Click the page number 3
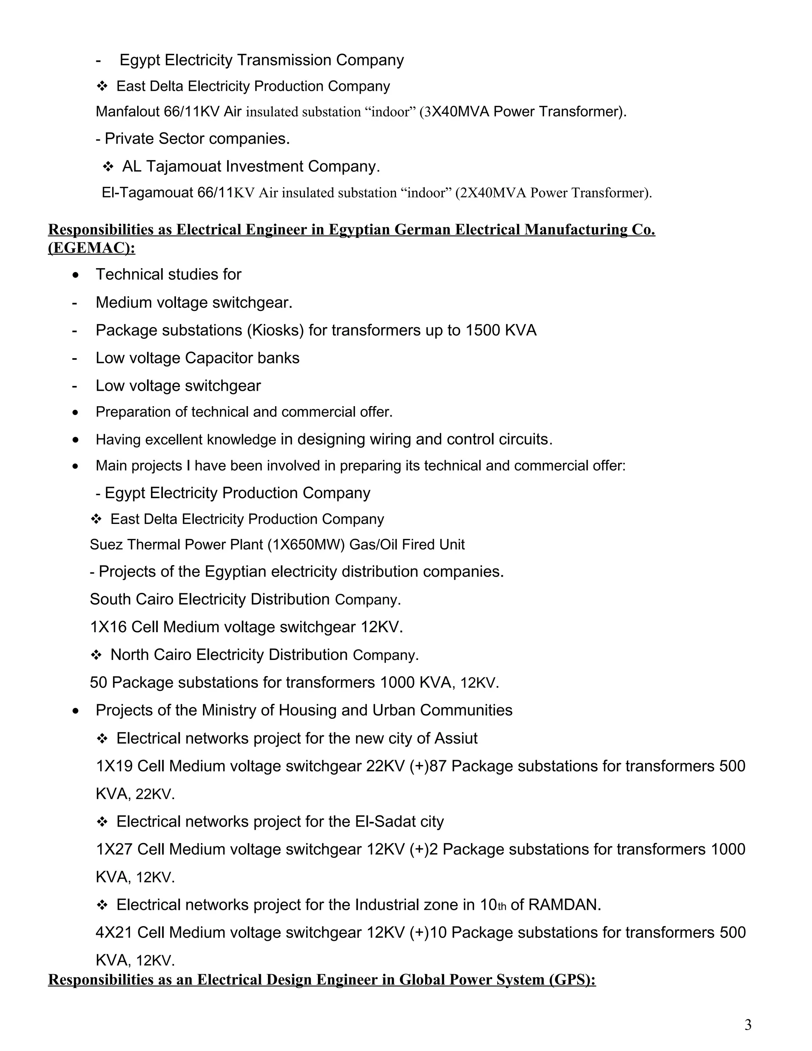click(x=747, y=1026)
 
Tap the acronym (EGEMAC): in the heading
click(x=92, y=248)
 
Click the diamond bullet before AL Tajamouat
click(x=108, y=167)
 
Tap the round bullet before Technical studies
click(x=75, y=275)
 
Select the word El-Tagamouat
click(x=147, y=193)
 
